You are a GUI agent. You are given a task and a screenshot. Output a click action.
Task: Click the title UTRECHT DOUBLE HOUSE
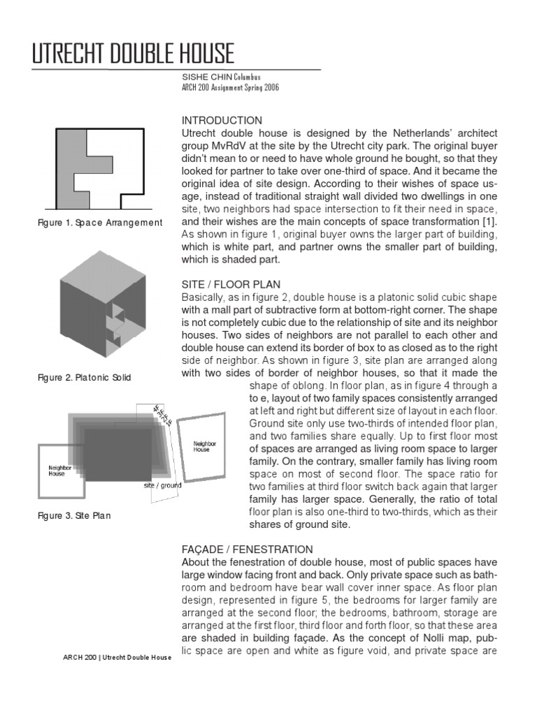coord(133,54)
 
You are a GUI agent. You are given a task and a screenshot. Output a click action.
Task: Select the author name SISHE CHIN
coord(201,78)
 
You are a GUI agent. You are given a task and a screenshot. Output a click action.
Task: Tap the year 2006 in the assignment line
coord(266,88)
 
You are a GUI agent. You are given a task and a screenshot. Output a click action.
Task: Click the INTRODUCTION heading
coord(222,120)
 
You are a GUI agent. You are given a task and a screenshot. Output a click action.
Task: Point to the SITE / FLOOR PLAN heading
coord(231,284)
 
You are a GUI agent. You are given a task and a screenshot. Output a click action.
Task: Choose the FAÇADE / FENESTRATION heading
coord(248,550)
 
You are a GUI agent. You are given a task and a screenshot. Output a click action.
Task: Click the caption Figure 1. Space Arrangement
coord(100,223)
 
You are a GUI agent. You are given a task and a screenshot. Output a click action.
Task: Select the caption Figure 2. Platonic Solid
coord(84,378)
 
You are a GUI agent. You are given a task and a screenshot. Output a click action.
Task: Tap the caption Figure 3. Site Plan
coord(73,516)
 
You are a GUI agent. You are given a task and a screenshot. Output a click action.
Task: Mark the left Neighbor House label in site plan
coord(57,471)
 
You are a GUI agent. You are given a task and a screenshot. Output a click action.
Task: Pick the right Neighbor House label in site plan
coord(204,446)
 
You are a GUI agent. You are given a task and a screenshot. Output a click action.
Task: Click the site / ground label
coord(163,485)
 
